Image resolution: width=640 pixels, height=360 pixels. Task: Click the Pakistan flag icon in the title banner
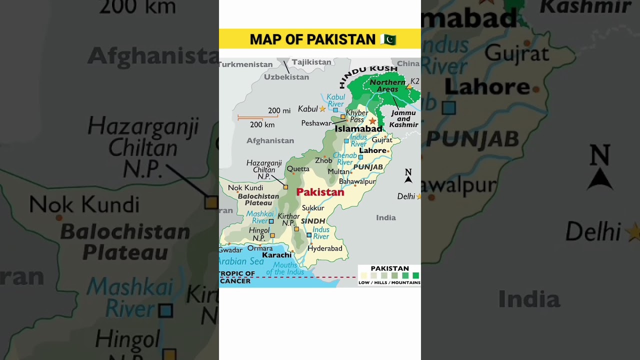tap(388, 39)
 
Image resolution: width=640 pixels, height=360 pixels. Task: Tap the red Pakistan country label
tap(320, 192)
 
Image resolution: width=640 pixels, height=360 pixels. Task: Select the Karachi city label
tap(276, 255)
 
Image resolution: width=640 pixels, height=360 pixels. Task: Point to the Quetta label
tap(298, 169)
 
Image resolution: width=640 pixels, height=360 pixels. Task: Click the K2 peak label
tap(414, 81)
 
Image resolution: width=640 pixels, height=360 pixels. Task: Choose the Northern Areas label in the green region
tap(387, 85)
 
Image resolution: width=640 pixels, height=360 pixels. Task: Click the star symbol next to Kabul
tap(322, 108)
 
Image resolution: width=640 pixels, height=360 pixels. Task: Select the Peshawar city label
tap(316, 123)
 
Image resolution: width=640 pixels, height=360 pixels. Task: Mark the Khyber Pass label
tap(357, 116)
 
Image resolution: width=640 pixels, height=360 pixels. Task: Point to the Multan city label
tap(338, 171)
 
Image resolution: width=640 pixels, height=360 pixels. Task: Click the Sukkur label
tap(313, 208)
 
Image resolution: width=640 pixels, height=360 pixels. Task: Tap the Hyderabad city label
tap(325, 248)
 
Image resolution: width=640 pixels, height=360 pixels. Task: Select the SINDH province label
tap(313, 221)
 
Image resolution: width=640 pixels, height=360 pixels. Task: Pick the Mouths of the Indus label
tap(285, 268)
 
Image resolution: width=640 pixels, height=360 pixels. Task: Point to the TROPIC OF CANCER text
tap(237, 277)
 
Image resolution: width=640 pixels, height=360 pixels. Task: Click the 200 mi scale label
tap(279, 111)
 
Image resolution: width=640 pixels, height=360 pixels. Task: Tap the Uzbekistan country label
tap(286, 77)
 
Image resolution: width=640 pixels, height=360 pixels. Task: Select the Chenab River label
tap(344, 159)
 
